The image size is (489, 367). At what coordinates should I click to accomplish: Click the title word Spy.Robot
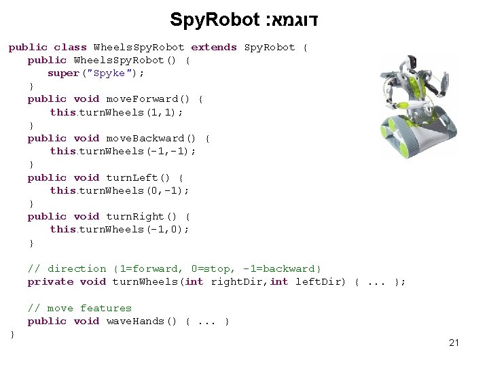[x=212, y=19]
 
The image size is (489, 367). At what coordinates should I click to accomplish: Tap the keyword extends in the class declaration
[x=214, y=48]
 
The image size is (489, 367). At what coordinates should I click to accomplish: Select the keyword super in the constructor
[x=63, y=73]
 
